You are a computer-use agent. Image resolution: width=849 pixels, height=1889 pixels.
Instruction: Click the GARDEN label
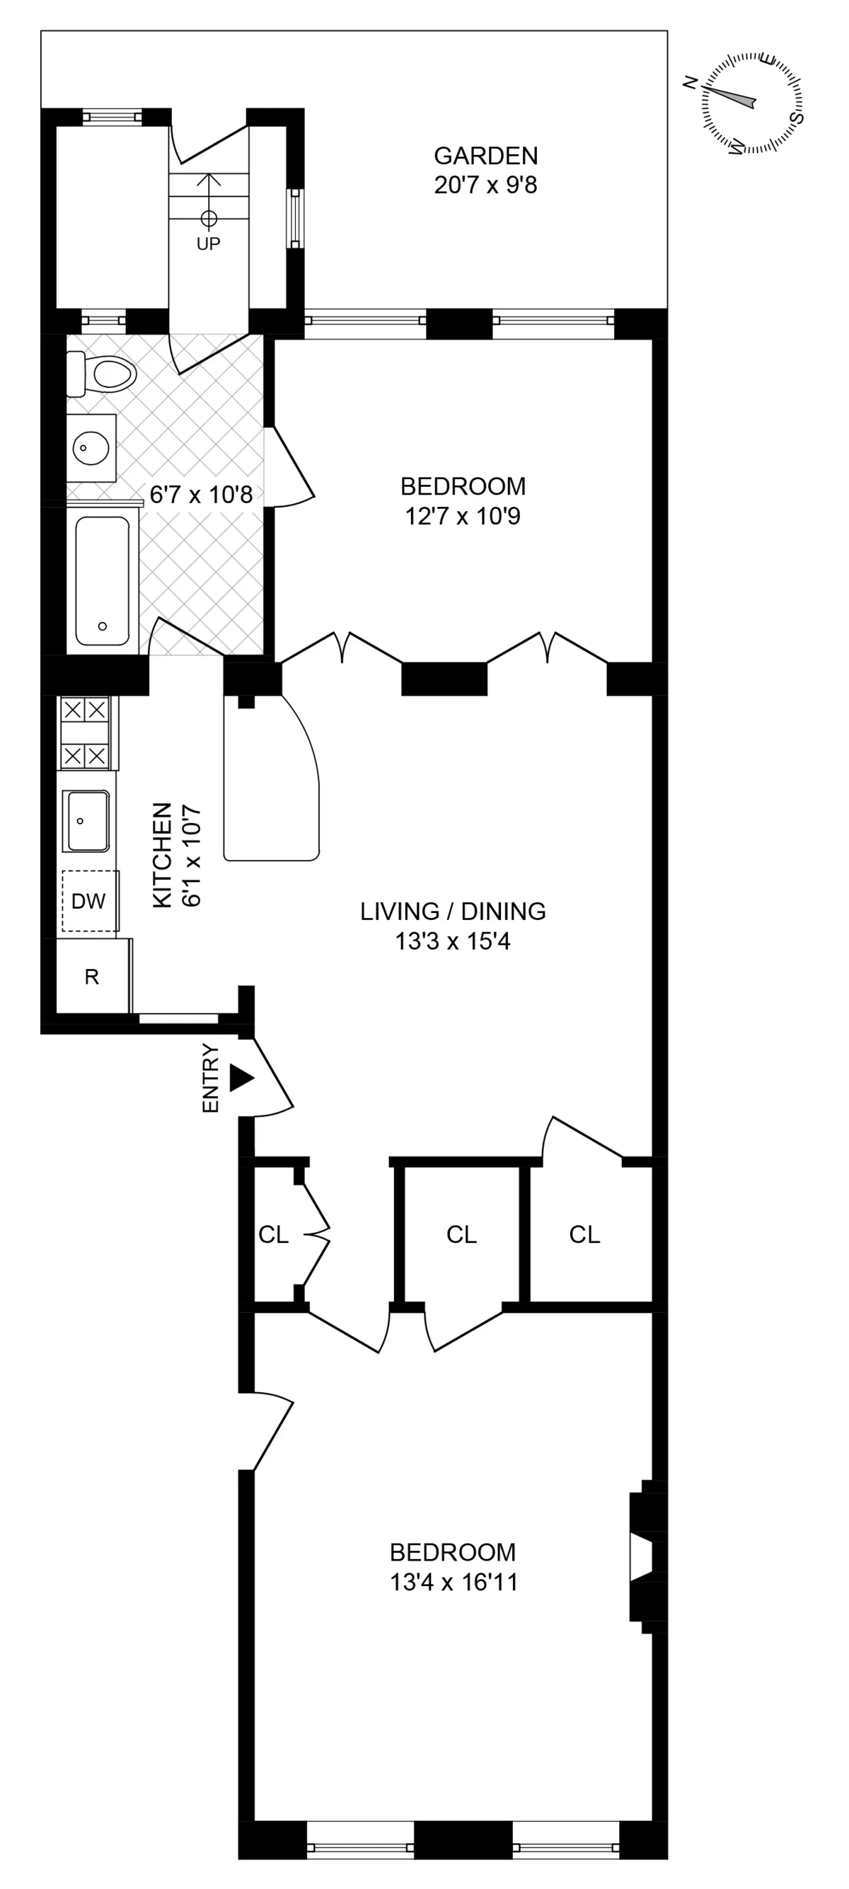485,156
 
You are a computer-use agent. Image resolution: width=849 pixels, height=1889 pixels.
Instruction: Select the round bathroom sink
91,447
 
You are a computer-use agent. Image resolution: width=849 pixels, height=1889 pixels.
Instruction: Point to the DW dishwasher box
89,900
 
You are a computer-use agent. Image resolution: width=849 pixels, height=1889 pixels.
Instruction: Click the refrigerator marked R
93,977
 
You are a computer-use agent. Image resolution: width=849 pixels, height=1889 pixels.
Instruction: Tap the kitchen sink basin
86,820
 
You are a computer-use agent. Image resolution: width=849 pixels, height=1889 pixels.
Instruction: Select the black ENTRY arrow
241,1078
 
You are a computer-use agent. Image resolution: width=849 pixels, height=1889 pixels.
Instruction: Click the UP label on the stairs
208,243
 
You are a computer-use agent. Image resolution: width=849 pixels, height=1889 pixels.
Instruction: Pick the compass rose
751,103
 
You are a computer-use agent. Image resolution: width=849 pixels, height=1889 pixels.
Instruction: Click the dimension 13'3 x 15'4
452,941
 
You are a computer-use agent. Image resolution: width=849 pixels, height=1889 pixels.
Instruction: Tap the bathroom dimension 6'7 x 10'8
201,495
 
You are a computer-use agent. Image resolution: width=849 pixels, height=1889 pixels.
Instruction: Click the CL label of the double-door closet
274,1235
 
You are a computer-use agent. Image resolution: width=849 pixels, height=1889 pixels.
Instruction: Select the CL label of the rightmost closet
584,1235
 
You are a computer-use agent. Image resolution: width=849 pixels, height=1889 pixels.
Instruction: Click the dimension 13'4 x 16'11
454,1583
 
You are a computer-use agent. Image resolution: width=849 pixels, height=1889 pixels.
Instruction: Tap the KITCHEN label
162,855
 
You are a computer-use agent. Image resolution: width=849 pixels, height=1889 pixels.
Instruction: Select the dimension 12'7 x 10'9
463,516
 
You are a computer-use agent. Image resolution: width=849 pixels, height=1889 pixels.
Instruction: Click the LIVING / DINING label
452,912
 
